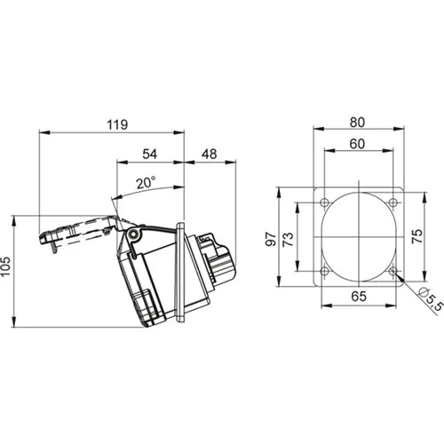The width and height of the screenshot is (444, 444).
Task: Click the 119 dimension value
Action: (x=117, y=124)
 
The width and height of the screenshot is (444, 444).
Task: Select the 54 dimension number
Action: (x=150, y=155)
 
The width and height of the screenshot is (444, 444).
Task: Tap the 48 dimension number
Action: (x=210, y=155)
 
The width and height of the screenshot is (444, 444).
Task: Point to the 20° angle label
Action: (x=147, y=183)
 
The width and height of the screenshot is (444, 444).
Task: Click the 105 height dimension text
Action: (x=6, y=266)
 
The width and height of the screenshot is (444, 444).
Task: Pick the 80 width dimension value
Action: (x=357, y=123)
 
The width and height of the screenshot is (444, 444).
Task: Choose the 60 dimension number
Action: (x=357, y=144)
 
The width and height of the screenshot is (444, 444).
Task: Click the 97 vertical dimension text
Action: (x=271, y=239)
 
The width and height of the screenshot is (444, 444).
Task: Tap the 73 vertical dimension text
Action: (x=288, y=239)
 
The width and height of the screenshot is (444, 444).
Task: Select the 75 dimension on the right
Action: (x=417, y=236)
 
